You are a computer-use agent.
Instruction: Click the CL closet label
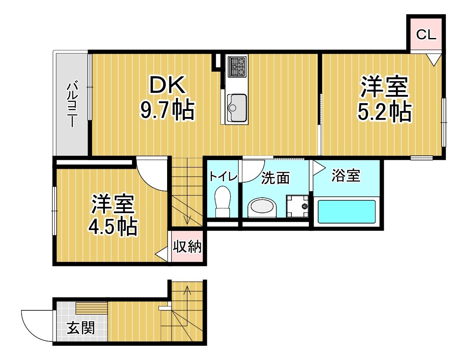(x=426, y=35)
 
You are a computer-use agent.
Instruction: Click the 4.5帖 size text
(x=113, y=226)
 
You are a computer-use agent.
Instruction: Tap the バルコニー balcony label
(x=72, y=103)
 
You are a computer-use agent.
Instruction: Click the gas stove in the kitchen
(x=237, y=66)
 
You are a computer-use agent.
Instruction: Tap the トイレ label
(x=223, y=176)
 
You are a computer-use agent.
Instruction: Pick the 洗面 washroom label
(x=275, y=177)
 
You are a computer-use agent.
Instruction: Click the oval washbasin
(x=262, y=208)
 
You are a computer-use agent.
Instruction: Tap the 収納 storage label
(x=187, y=246)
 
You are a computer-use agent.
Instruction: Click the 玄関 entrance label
(x=80, y=329)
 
